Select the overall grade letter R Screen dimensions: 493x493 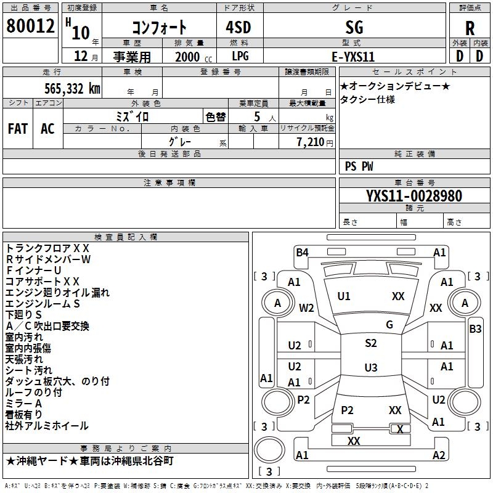tap(470, 28)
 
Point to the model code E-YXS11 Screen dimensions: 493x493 tap(353, 56)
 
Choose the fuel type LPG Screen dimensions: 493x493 tap(241, 56)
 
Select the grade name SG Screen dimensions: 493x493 tap(354, 27)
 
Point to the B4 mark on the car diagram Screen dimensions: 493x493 tap(302, 252)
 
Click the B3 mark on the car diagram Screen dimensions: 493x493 tap(475, 329)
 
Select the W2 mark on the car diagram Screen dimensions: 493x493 tap(307, 308)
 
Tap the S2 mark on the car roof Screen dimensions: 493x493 tap(370, 343)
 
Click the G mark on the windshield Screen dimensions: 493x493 tap(389, 325)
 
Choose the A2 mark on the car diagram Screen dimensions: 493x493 tap(439, 455)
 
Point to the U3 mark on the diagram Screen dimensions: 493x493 tap(370, 368)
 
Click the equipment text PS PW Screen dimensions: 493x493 tap(359, 166)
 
